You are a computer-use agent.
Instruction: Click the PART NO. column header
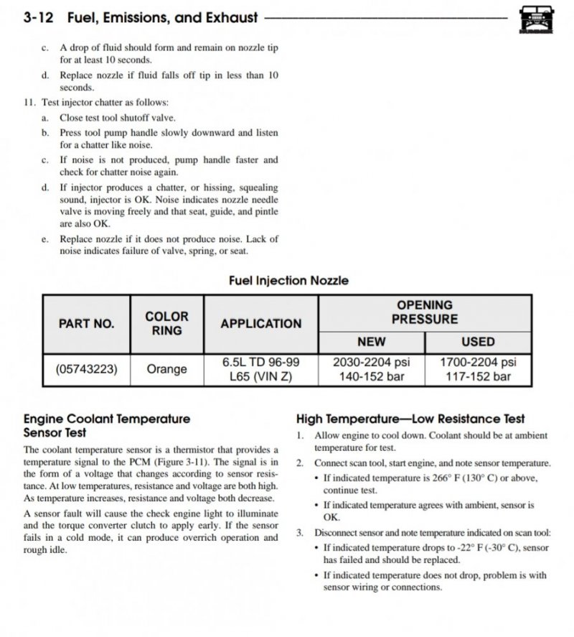click(x=86, y=323)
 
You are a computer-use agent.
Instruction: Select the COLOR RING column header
click(x=166, y=323)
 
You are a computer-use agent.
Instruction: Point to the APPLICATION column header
click(x=261, y=323)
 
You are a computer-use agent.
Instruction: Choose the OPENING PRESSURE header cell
click(x=425, y=312)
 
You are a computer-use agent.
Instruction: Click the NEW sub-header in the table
click(x=371, y=342)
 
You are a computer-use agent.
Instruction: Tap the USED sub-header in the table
click(x=478, y=342)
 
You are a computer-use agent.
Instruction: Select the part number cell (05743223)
click(x=86, y=369)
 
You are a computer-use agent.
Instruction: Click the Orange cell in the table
click(x=166, y=369)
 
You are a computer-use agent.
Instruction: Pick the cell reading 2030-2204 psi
click(x=371, y=363)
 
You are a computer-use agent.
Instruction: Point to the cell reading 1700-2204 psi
click(x=478, y=363)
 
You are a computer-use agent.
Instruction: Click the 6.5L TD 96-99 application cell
click(x=261, y=363)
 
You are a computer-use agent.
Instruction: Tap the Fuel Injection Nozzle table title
click(x=288, y=281)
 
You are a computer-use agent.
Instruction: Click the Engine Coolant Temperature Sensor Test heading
click(x=107, y=425)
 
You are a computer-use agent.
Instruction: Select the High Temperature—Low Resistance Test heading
click(x=410, y=419)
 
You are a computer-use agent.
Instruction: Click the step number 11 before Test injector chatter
click(x=29, y=102)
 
